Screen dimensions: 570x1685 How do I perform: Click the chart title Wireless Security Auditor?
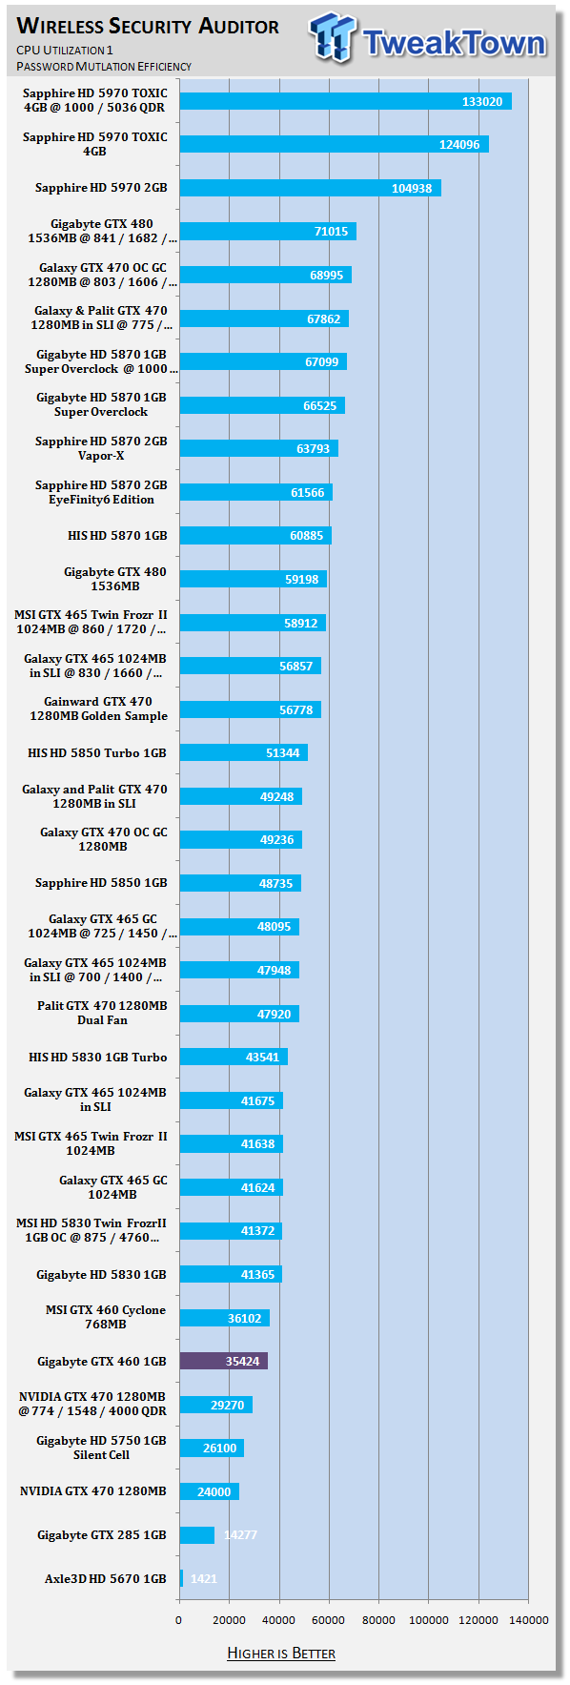(x=148, y=26)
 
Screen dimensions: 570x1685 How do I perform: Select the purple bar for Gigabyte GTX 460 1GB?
(x=224, y=1361)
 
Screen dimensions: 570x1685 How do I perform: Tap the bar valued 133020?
(x=346, y=101)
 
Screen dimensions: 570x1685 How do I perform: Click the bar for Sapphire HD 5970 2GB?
(x=311, y=188)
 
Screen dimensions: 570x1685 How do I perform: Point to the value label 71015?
(x=331, y=232)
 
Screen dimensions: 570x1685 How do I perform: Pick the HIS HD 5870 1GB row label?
(x=117, y=536)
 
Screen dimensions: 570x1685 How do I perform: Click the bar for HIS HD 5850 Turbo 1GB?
(x=244, y=752)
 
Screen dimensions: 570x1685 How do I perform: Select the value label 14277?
(x=240, y=1534)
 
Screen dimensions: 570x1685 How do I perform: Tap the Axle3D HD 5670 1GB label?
(x=106, y=1578)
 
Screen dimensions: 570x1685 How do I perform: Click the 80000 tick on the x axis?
(x=378, y=1619)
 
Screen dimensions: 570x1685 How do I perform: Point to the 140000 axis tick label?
(x=528, y=1619)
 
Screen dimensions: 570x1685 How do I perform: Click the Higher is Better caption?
(x=281, y=1653)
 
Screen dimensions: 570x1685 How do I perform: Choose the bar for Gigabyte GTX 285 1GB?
(x=197, y=1534)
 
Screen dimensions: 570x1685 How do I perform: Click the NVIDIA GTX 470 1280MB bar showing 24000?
(x=210, y=1491)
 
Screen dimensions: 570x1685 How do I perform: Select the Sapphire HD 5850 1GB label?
(x=101, y=883)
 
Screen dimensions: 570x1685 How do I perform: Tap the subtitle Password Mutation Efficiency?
(x=104, y=66)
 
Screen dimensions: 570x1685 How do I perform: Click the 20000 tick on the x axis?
(x=229, y=1619)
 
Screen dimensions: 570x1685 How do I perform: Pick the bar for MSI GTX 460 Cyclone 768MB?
(x=225, y=1318)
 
